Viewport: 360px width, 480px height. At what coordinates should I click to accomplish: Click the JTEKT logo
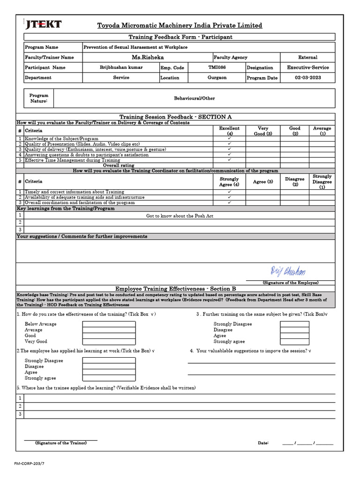click(43, 25)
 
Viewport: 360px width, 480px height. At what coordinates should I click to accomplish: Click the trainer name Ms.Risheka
click(148, 57)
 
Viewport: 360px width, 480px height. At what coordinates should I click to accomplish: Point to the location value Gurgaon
click(217, 78)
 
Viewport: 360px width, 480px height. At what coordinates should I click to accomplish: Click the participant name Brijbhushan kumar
click(121, 67)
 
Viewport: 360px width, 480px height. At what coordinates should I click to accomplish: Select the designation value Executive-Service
click(308, 67)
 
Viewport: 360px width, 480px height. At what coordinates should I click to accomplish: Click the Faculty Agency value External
click(307, 57)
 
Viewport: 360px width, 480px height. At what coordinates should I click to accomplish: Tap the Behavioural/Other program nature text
click(194, 98)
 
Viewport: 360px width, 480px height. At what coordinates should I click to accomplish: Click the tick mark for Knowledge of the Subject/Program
click(229, 139)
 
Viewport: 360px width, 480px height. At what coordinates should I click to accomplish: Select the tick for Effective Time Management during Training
click(229, 160)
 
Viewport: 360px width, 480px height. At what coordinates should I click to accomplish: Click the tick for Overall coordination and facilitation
click(229, 202)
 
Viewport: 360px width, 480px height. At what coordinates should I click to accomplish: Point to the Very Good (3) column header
click(263, 131)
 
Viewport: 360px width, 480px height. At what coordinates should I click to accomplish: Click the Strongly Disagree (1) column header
click(322, 181)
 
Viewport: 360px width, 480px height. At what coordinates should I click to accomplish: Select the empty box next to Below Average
click(109, 324)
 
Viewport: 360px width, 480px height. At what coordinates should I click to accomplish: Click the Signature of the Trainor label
click(61, 443)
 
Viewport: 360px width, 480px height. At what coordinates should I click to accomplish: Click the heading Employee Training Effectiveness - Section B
click(176, 289)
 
